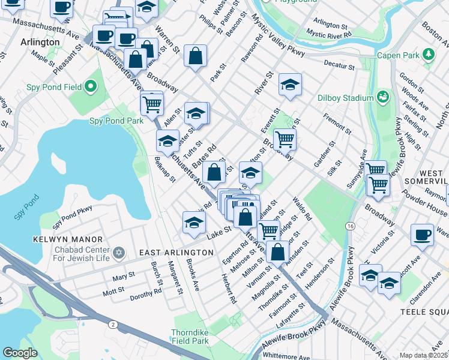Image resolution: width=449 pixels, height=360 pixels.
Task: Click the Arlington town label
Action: tap(40, 43)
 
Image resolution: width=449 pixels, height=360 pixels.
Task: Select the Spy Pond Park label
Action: tap(116, 121)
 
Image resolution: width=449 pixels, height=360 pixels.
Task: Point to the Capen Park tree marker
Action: tap(428, 56)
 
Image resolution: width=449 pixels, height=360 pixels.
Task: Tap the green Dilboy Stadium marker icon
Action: tap(382, 96)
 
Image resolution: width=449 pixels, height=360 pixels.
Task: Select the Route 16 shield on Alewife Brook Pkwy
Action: tap(349, 226)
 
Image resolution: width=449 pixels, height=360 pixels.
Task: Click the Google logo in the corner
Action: tap(20, 353)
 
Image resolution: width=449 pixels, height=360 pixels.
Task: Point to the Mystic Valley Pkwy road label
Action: tap(277, 41)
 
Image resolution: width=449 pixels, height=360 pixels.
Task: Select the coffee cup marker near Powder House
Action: tap(422, 235)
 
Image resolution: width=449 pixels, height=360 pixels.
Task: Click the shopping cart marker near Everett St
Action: tap(285, 139)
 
